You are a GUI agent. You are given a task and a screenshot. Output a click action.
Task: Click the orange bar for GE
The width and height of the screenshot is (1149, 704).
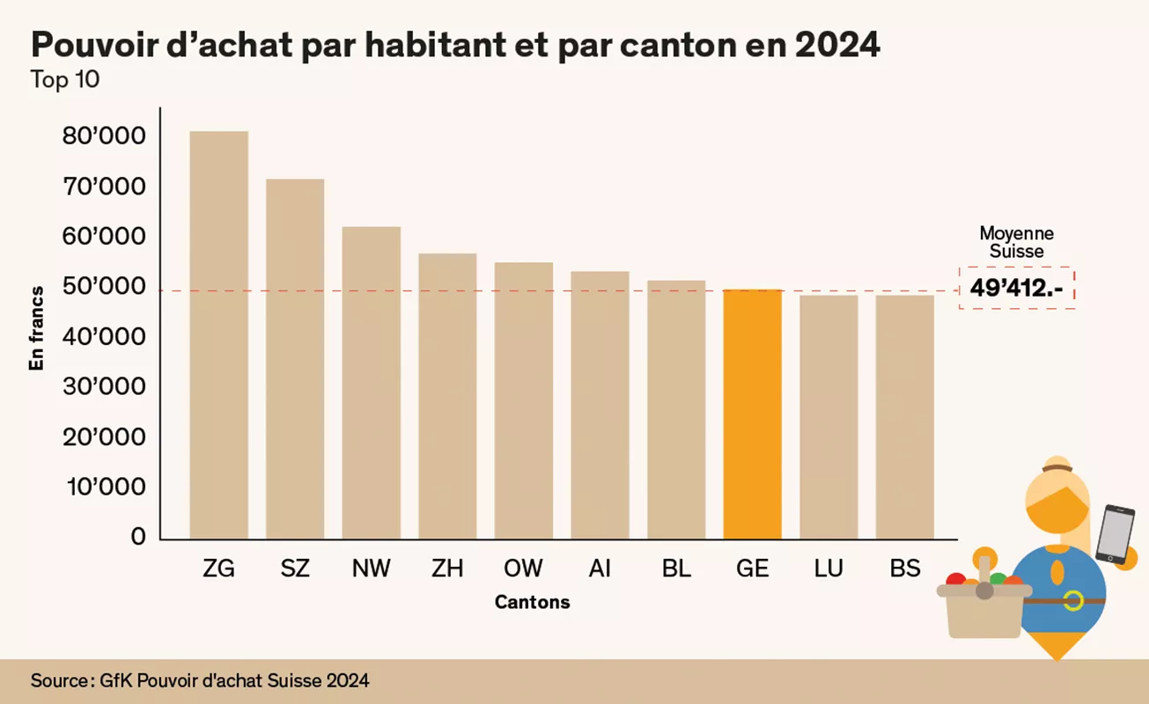pos(752,414)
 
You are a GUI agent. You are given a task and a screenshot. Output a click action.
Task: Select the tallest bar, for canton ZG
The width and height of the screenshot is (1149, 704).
pos(218,334)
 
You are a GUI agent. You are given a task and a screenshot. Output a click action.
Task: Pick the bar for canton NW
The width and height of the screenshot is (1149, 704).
pos(371,383)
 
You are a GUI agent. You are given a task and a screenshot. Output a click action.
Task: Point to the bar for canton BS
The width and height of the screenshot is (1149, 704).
pos(904,417)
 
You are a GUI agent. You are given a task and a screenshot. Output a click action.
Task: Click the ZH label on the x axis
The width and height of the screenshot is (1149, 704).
pos(447,568)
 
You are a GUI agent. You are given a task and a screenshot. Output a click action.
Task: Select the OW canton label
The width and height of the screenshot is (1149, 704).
pos(523,568)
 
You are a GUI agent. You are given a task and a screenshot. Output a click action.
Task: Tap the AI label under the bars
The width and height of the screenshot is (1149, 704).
pos(600,568)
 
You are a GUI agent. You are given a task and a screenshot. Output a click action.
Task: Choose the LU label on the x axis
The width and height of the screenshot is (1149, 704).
pos(828,568)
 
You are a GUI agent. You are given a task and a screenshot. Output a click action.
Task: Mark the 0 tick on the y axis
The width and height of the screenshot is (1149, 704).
pos(138,537)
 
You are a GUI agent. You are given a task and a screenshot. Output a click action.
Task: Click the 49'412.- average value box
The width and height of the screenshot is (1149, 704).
pos(1017,288)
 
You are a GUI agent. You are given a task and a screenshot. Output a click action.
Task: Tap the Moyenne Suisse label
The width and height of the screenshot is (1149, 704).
pos(1016,242)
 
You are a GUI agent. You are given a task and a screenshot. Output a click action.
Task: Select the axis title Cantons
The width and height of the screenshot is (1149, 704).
pos(532,603)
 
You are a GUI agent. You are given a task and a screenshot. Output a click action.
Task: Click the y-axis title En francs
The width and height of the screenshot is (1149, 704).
pos(37,327)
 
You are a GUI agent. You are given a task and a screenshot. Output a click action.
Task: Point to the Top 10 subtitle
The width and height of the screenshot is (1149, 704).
pos(65,79)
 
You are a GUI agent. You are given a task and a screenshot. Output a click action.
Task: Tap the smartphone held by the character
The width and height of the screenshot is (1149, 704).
pos(1115,533)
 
